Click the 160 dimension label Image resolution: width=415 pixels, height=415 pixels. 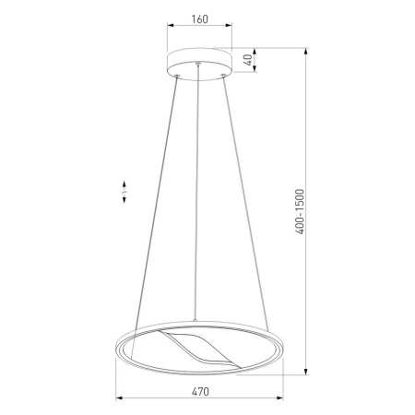click(200, 19)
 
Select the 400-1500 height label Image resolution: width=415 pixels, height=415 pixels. click(300, 211)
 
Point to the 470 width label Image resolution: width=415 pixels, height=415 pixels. click(200, 392)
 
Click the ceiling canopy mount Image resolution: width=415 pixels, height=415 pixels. click(199, 64)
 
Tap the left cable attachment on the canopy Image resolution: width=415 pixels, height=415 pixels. click(177, 76)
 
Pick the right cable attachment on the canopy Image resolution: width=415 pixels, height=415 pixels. click(223, 76)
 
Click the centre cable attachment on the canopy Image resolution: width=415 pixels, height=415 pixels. click(198, 64)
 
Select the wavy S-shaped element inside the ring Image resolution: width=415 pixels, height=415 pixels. click(200, 350)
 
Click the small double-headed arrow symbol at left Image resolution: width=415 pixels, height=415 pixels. click(125, 192)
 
